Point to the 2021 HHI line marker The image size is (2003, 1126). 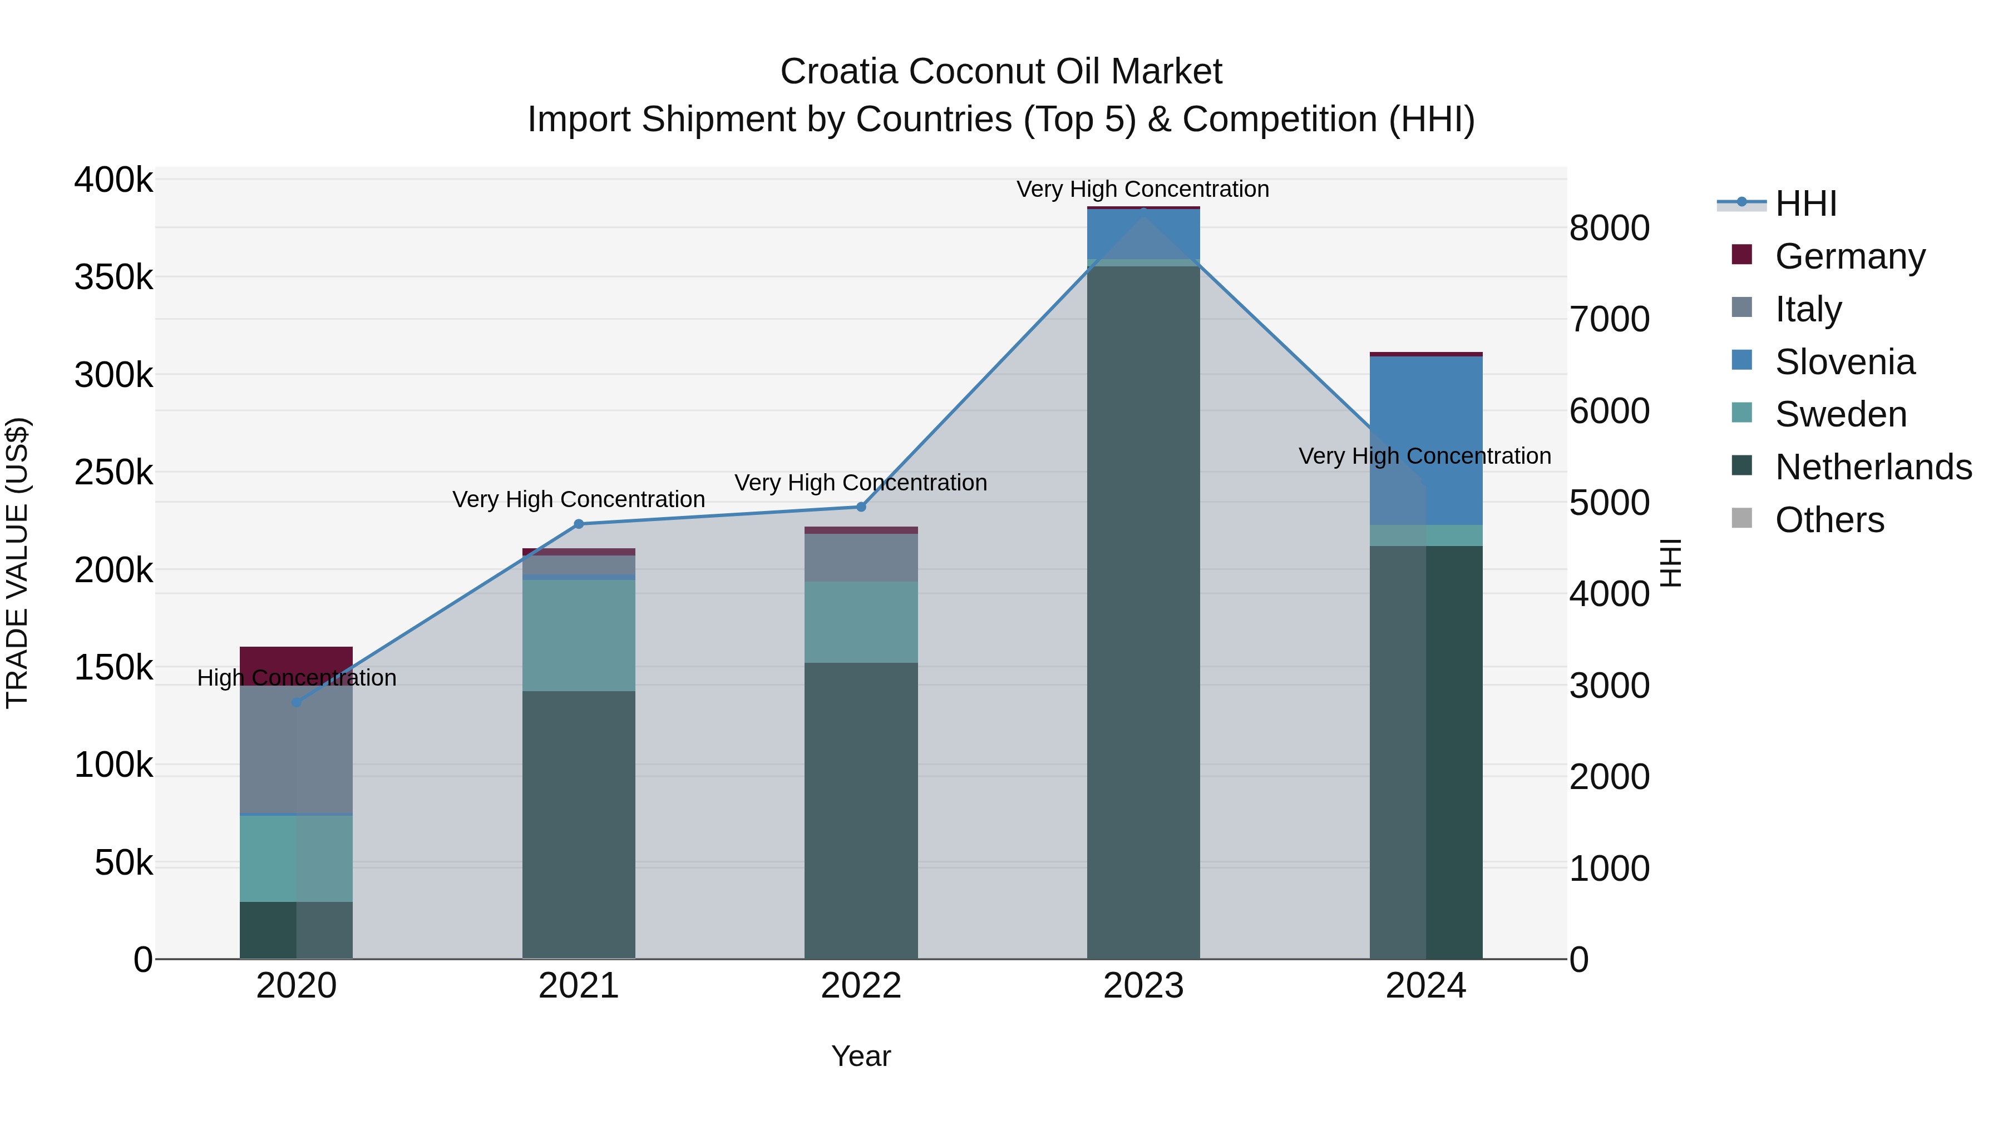[x=579, y=524]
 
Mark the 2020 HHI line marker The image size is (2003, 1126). [x=296, y=702]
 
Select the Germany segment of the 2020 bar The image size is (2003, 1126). [x=296, y=659]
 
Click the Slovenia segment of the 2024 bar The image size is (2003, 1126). [x=1426, y=440]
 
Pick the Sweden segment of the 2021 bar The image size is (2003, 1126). [x=579, y=635]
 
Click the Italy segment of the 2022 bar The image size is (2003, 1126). [x=861, y=557]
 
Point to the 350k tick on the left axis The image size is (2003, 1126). [x=114, y=277]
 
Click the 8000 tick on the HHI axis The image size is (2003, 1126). [x=1609, y=229]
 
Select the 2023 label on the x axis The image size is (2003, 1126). [x=1143, y=986]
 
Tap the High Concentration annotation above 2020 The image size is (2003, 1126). [x=296, y=678]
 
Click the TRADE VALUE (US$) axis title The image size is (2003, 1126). [x=17, y=563]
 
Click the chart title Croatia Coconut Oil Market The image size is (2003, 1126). [x=1001, y=72]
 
